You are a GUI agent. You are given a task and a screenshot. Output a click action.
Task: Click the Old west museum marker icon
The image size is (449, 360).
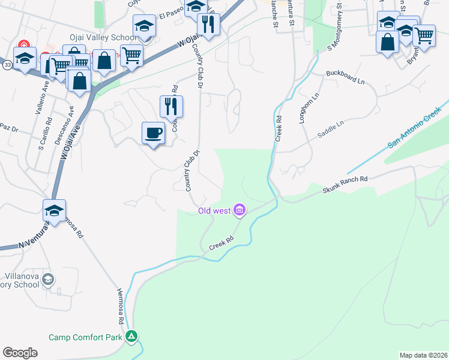pyautogui.click(x=240, y=209)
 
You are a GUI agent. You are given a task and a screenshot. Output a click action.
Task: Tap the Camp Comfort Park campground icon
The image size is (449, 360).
pyautogui.click(x=132, y=337)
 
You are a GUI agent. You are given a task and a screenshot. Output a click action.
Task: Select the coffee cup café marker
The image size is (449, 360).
pyautogui.click(x=154, y=133)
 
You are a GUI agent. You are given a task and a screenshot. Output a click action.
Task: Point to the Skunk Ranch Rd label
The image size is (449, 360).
pyautogui.click(x=345, y=182)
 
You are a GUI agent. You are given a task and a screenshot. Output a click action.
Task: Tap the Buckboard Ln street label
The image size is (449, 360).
pyautogui.click(x=345, y=77)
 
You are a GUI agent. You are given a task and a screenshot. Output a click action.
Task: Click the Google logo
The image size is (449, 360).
pyautogui.click(x=20, y=352)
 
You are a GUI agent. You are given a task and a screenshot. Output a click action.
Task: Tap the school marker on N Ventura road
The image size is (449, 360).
pyautogui.click(x=54, y=211)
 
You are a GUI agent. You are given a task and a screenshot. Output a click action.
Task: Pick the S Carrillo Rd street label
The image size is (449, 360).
pyautogui.click(x=41, y=137)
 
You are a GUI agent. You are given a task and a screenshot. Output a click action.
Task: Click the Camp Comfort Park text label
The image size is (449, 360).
pyautogui.click(x=86, y=338)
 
